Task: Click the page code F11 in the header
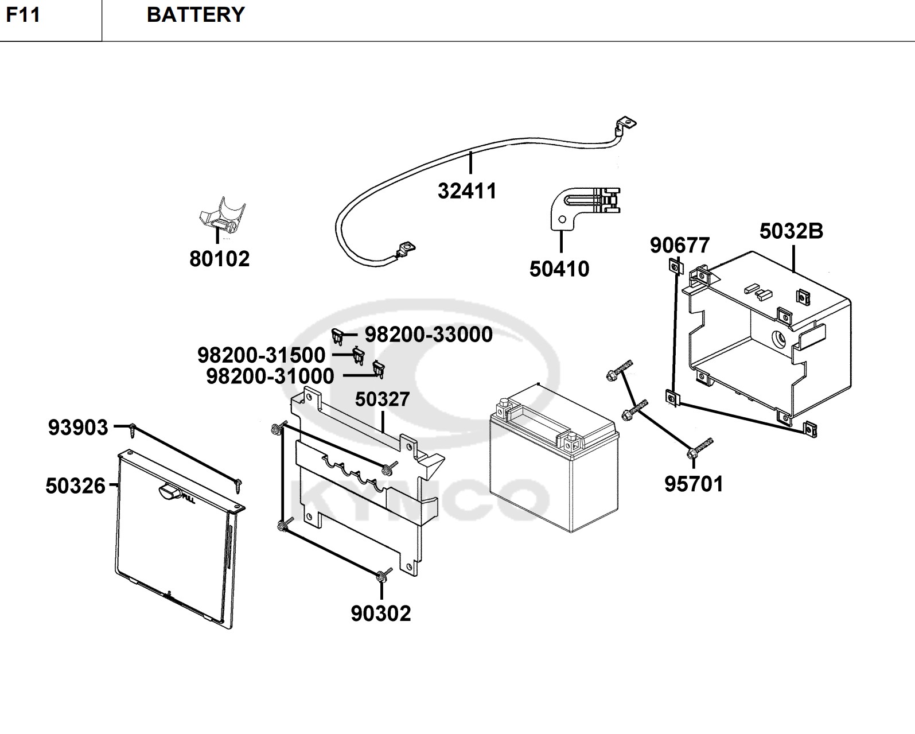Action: [x=24, y=15]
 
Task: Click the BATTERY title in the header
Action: [x=196, y=15]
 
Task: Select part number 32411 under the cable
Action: [x=467, y=191]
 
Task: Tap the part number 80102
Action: [x=220, y=259]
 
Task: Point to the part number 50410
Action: [x=559, y=269]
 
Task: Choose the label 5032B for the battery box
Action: [x=791, y=231]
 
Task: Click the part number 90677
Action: [x=680, y=246]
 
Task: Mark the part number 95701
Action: [x=694, y=484]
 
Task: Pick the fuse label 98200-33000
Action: [x=429, y=335]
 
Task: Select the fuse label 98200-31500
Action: [x=261, y=355]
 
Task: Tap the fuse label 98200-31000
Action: [x=270, y=376]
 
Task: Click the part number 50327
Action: [x=382, y=399]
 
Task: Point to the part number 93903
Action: [x=78, y=428]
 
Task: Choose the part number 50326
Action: [x=76, y=486]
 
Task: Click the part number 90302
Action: [x=381, y=613]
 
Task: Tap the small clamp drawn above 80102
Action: [x=223, y=217]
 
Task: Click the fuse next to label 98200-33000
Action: [x=338, y=335]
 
